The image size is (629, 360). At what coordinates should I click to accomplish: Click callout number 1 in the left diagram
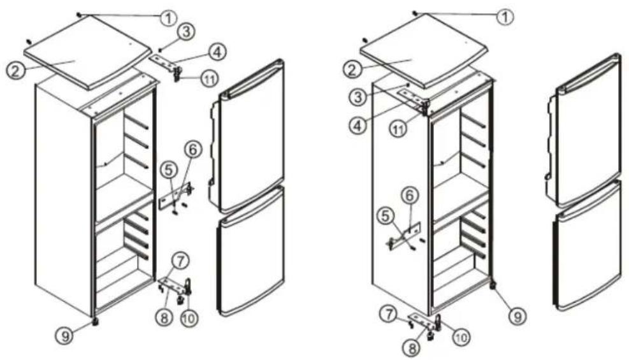(x=168, y=17)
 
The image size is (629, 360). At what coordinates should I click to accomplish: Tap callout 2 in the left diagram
(x=15, y=71)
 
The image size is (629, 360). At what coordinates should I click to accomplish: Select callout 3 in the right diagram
(x=358, y=97)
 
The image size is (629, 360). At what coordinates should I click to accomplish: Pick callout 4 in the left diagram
(x=217, y=52)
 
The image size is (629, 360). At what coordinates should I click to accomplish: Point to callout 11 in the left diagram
(x=208, y=78)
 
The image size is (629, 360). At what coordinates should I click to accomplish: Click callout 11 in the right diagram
(x=398, y=130)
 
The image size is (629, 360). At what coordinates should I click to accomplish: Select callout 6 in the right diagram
(x=410, y=196)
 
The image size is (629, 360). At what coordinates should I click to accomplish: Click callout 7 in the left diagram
(x=180, y=261)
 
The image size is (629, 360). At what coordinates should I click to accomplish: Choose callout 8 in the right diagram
(x=412, y=348)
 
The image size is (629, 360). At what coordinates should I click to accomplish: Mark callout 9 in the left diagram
(x=64, y=335)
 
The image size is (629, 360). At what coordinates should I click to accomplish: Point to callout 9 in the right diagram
(x=517, y=317)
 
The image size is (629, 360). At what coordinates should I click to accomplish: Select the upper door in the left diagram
(x=246, y=136)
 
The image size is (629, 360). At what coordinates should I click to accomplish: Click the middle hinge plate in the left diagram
(x=176, y=196)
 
